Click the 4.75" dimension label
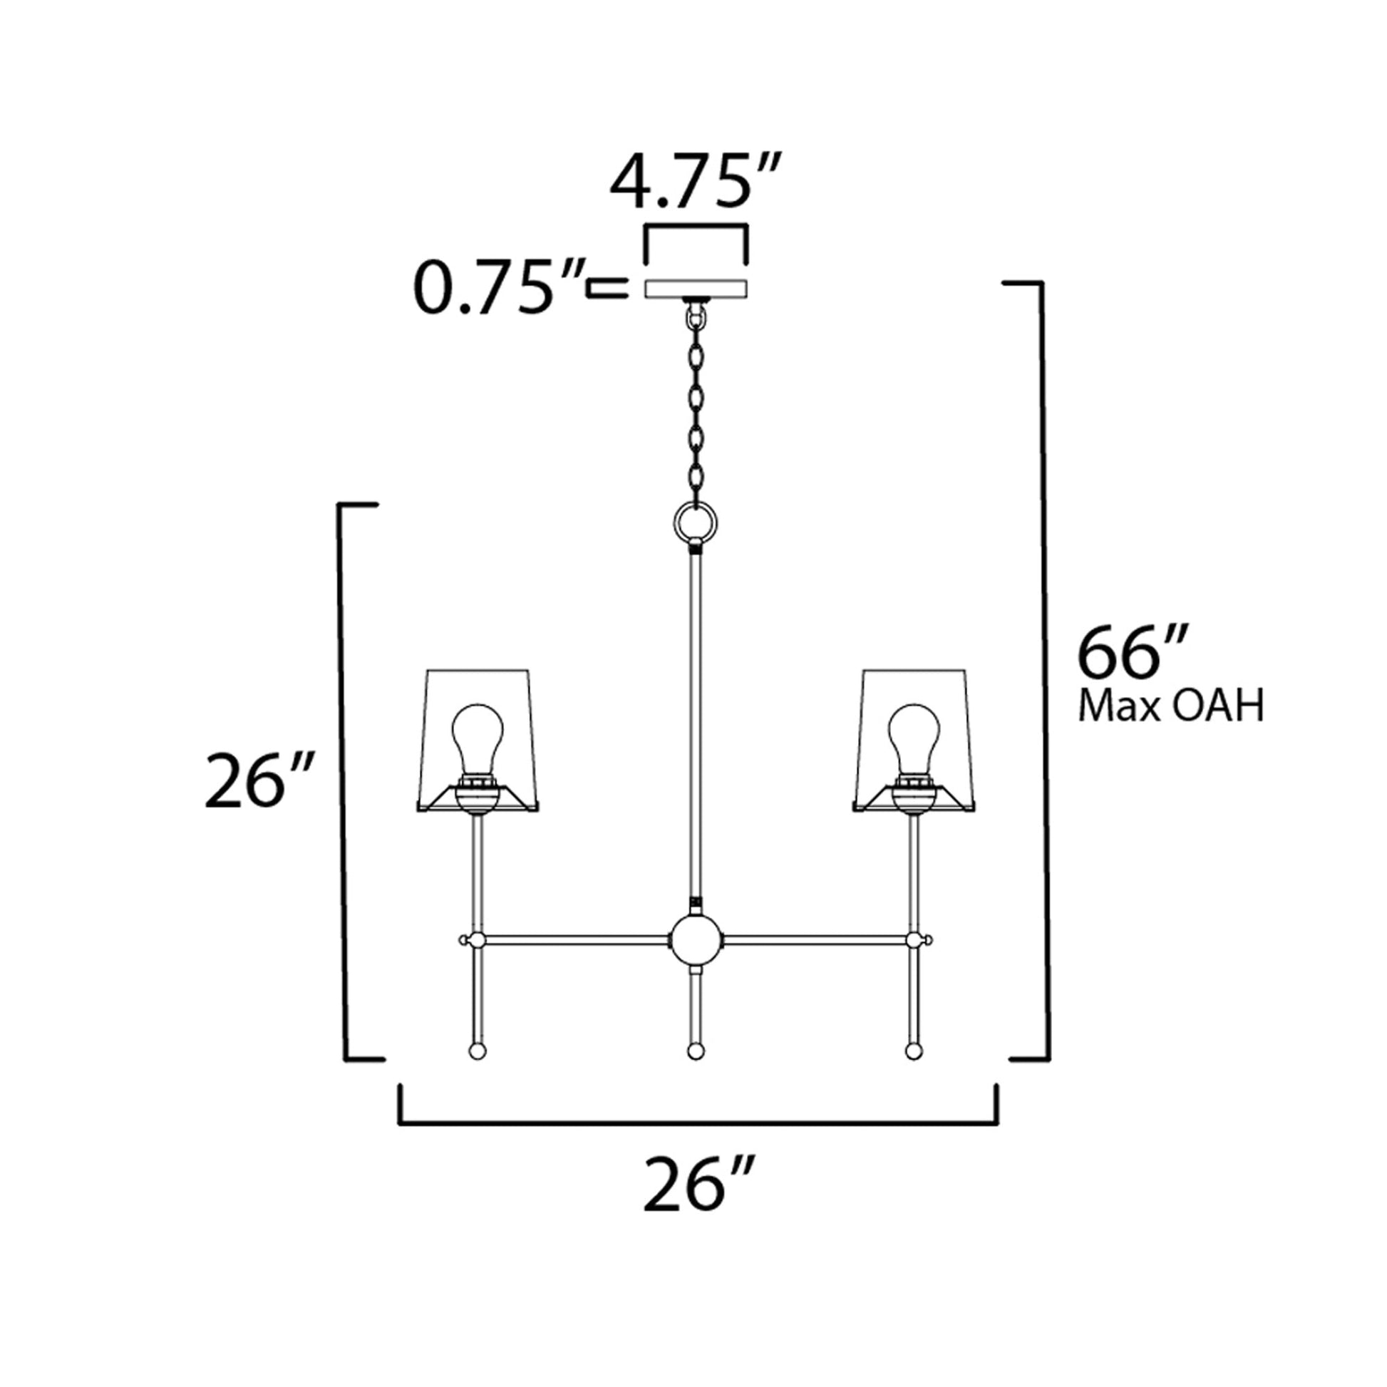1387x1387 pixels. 694,182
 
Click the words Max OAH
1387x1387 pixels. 1171,708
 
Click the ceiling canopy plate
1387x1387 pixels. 696,289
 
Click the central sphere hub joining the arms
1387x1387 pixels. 694,939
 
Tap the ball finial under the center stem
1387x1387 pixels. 694,1053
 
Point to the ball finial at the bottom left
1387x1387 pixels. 477,1053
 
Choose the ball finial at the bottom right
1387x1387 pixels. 913,1053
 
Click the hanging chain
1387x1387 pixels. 695,409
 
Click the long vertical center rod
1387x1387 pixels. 695,725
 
